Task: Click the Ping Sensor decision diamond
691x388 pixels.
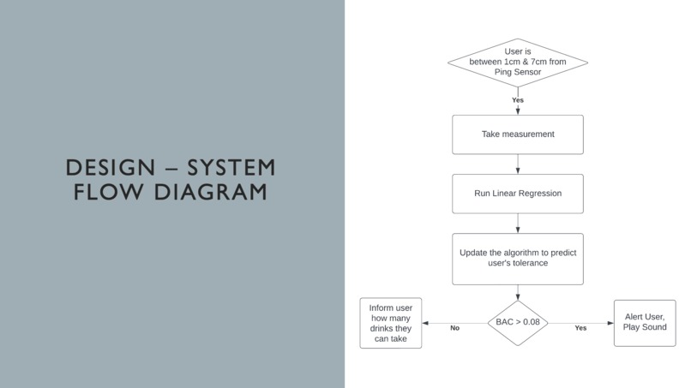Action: [x=518, y=63]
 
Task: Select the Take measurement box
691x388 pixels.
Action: [x=518, y=134]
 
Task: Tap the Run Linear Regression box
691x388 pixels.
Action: [x=518, y=194]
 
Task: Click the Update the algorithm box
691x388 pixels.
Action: [x=518, y=259]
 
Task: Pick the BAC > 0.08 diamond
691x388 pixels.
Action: [x=518, y=323]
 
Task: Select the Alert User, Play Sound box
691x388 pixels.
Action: [x=645, y=323]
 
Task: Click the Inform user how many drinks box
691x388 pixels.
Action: [x=391, y=323]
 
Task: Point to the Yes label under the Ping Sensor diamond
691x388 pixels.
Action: [x=518, y=100]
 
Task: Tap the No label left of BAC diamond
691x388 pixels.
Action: [x=454, y=328]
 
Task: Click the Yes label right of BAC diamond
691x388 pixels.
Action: [x=580, y=328]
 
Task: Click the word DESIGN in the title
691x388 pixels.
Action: [x=111, y=168]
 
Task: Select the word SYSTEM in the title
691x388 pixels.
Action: [x=231, y=168]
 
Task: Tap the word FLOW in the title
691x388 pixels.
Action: [x=108, y=192]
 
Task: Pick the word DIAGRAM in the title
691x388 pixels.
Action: [x=211, y=192]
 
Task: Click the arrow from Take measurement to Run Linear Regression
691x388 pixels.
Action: [x=518, y=164]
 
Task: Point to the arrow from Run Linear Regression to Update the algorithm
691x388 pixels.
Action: [x=518, y=224]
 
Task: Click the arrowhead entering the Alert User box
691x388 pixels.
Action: [x=610, y=323]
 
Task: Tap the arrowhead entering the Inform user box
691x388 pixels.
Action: [x=425, y=323]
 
